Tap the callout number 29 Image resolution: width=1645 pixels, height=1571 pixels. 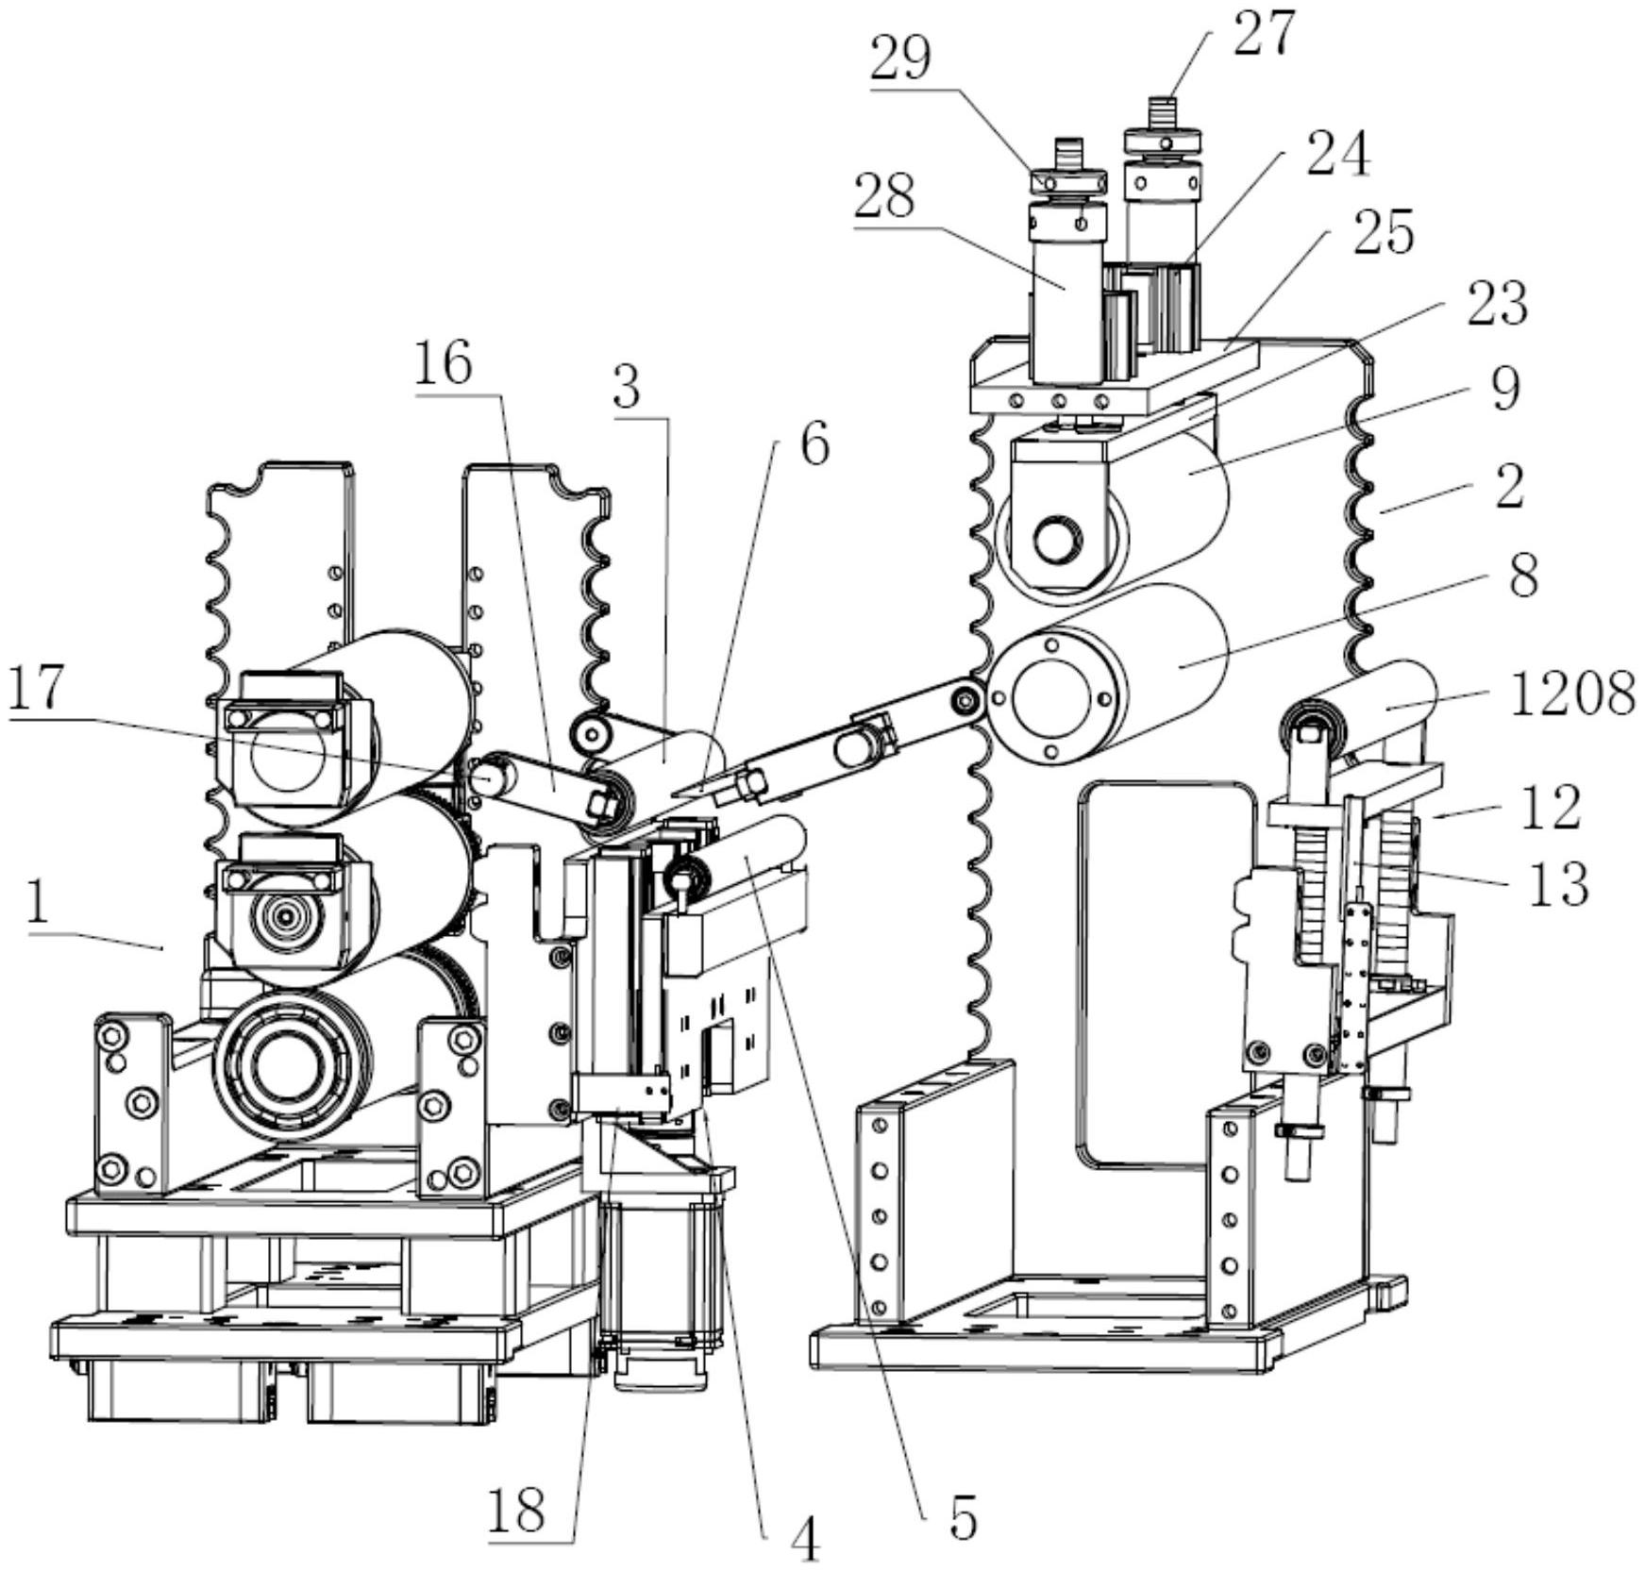pyautogui.click(x=900, y=58)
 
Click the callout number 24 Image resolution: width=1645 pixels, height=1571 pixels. pyautogui.click(x=1337, y=152)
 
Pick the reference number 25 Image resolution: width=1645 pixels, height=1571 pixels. pyautogui.click(x=1384, y=230)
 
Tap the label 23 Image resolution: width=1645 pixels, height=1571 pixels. pyautogui.click(x=1497, y=303)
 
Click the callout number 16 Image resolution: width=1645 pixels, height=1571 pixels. pyautogui.click(x=443, y=362)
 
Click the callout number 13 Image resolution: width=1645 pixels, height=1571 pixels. pyautogui.click(x=1557, y=884)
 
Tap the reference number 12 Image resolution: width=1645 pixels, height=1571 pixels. pyautogui.click(x=1550, y=807)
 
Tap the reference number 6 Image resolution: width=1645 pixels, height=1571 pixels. pyautogui.click(x=815, y=443)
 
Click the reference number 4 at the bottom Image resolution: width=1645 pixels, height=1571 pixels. pyautogui.click(x=805, y=1541)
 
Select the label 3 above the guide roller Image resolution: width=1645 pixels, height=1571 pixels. pyautogui.click(x=627, y=385)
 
